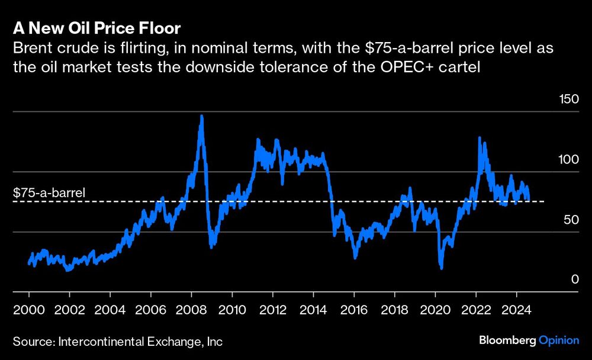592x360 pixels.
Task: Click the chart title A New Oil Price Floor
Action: [x=96, y=28]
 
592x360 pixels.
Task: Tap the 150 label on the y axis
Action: [x=570, y=99]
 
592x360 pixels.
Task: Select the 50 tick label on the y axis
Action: [x=569, y=220]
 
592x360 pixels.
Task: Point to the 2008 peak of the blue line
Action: [x=202, y=116]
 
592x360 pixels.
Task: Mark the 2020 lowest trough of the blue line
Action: [x=441, y=268]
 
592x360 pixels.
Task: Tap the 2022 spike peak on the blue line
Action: [x=479, y=138]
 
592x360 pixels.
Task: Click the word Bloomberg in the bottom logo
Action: [x=507, y=340]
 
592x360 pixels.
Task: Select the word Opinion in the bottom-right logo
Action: [x=560, y=340]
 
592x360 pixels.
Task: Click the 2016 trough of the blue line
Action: [x=355, y=257]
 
